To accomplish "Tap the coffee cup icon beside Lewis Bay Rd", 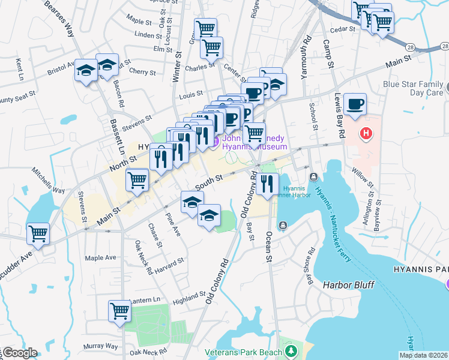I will (355, 104).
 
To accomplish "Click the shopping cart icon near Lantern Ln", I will (120, 311).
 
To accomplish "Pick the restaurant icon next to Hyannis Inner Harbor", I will (267, 184).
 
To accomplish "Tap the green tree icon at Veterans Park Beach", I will (291, 350).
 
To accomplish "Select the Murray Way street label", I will (101, 346).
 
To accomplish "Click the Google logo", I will (20, 353).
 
